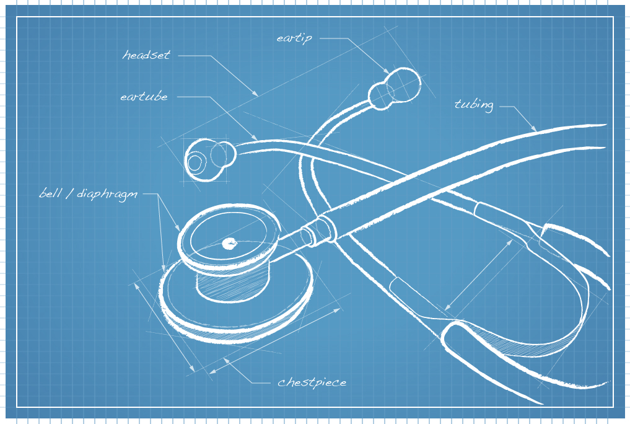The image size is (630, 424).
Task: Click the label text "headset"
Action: (146, 55)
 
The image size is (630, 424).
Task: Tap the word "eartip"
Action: (294, 38)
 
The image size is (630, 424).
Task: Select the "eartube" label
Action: (144, 97)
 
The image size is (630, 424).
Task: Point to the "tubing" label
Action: (474, 105)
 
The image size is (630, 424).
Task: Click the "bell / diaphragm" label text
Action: (88, 194)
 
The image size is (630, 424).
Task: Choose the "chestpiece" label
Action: (312, 382)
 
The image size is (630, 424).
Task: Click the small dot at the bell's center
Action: (229, 243)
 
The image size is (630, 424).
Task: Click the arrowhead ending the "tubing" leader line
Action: (535, 129)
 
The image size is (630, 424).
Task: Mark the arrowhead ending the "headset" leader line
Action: (256, 94)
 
